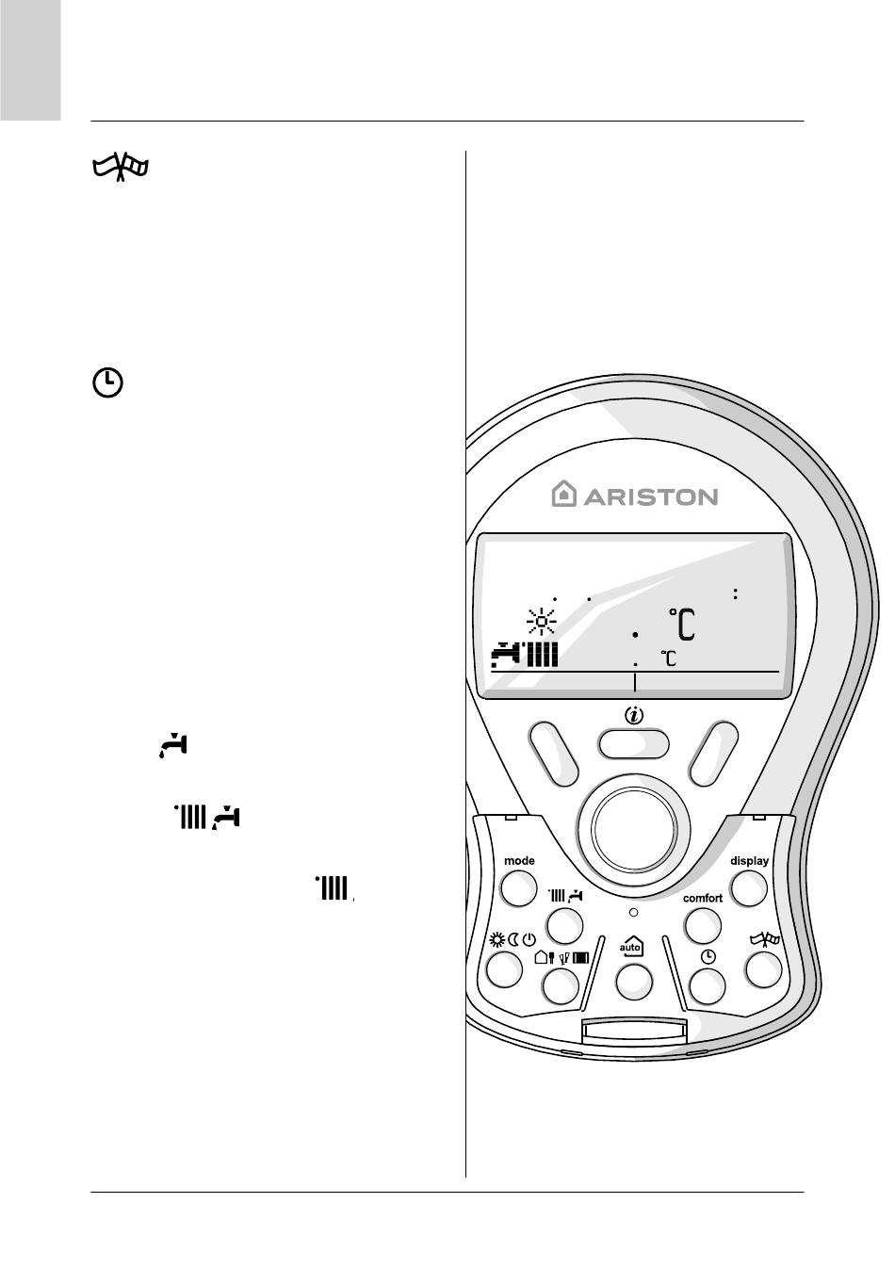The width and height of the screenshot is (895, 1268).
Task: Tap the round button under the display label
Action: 749,887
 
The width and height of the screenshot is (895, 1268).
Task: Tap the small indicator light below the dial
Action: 633,913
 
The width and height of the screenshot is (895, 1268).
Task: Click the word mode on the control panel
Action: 519,860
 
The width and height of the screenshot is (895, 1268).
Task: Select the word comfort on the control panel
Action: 703,898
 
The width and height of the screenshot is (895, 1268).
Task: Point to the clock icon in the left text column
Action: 108,382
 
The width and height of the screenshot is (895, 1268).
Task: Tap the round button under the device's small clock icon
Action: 708,985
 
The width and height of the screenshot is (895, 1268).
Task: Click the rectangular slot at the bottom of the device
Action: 633,1033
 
